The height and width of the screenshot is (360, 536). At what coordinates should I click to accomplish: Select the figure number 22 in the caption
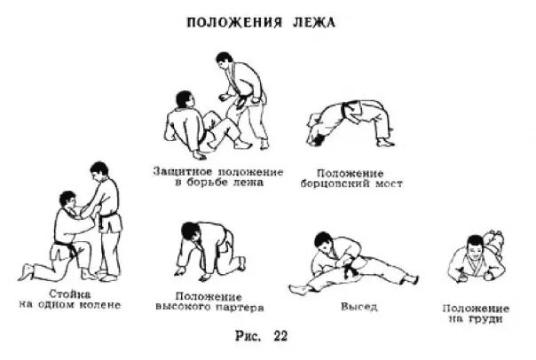280,337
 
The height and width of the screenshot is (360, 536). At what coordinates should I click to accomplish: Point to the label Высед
356,308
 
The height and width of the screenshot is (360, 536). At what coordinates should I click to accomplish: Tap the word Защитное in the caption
184,170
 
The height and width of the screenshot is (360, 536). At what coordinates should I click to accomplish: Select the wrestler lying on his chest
475,258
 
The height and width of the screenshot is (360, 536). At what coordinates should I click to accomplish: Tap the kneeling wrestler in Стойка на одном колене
64,235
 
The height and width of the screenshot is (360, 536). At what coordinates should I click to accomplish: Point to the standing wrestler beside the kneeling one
106,217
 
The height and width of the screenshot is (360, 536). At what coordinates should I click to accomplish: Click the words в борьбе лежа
218,183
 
